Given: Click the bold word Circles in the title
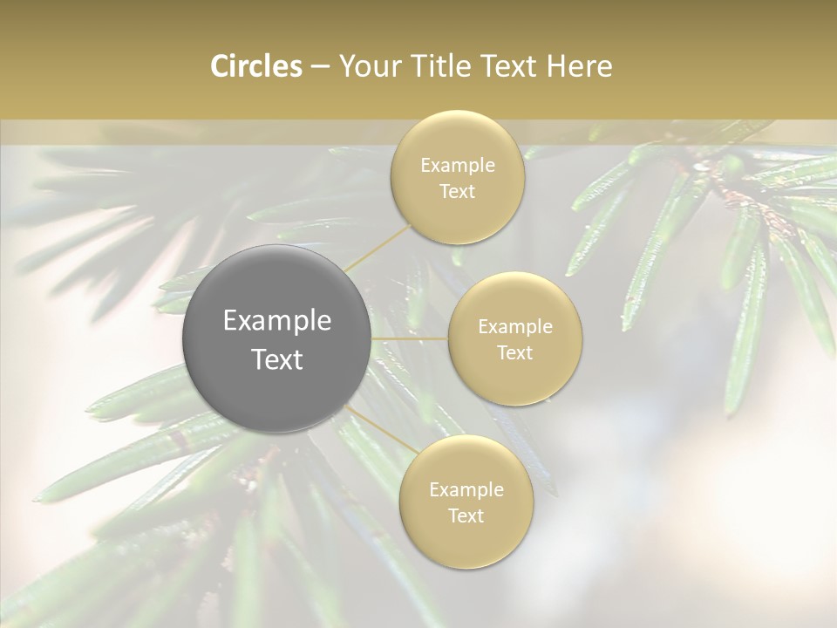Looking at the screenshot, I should [256, 66].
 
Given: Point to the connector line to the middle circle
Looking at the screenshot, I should [410, 338].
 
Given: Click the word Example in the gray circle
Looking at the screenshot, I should [277, 321].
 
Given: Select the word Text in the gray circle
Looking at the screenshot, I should [277, 359].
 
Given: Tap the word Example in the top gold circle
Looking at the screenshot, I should [458, 165].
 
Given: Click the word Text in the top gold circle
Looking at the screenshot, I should [457, 191].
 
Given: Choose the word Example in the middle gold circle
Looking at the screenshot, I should [515, 327].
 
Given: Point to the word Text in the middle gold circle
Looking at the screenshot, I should [514, 352].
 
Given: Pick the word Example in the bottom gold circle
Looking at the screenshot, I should [466, 489].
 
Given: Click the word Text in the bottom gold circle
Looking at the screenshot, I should [466, 515].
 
